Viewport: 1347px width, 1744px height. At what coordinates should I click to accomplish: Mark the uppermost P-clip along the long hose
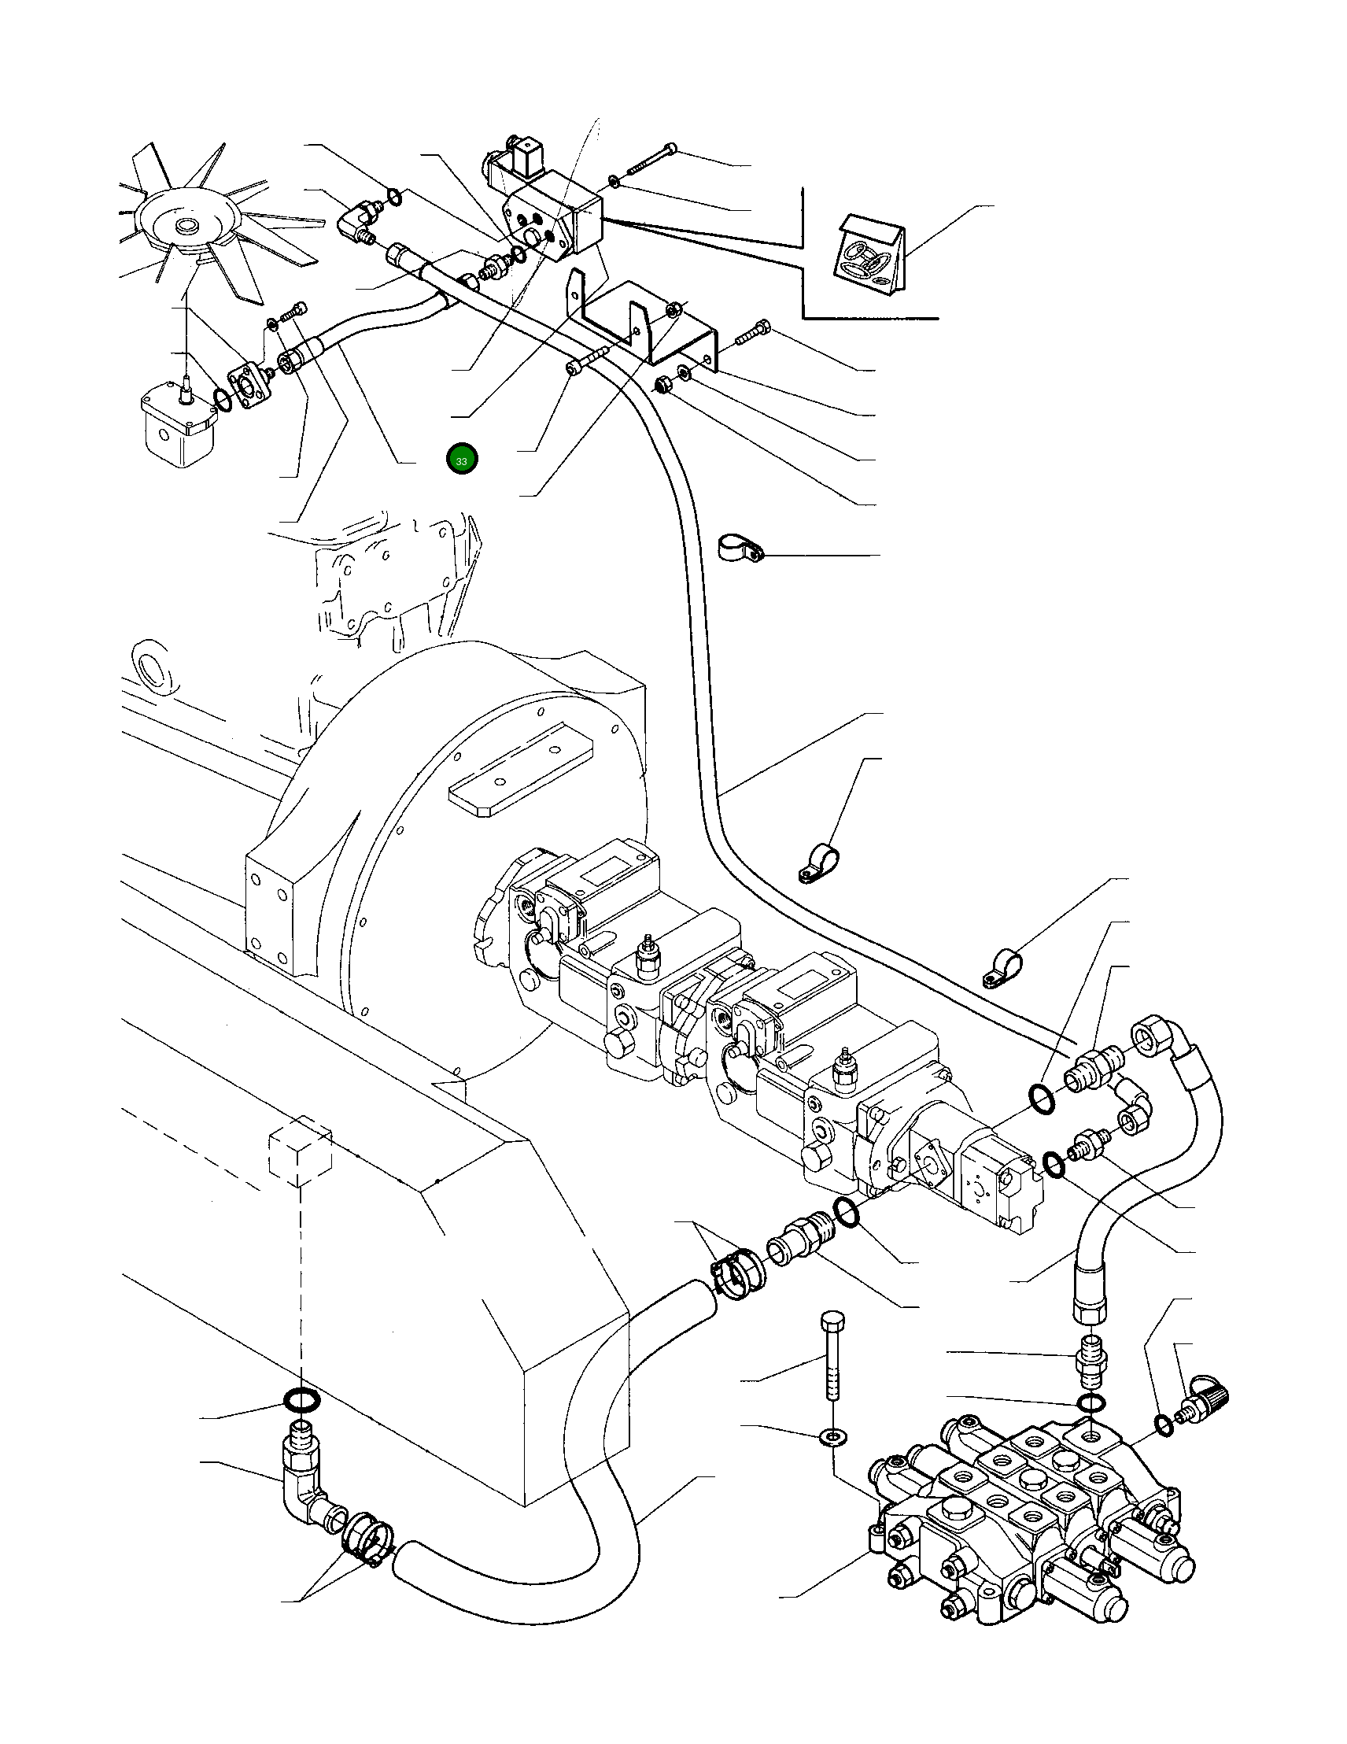point(738,547)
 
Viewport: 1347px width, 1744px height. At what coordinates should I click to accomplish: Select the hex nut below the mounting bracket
point(661,386)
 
